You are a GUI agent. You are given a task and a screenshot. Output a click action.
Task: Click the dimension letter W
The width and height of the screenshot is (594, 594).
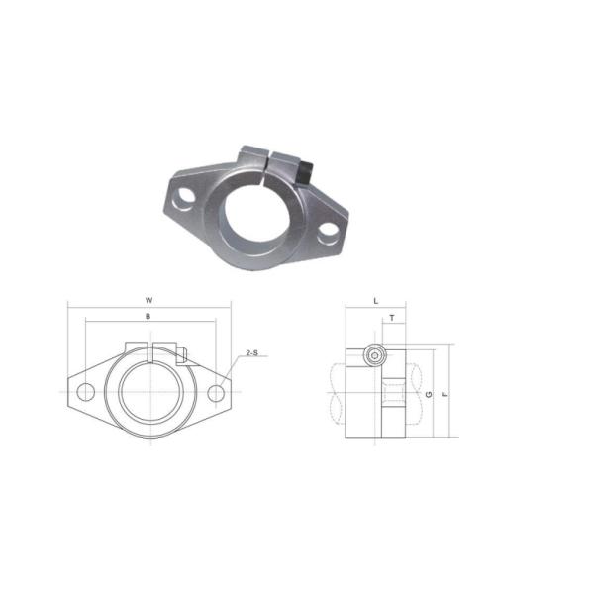tap(148, 299)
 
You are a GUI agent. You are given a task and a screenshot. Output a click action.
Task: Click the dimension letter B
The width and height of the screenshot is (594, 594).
tap(148, 316)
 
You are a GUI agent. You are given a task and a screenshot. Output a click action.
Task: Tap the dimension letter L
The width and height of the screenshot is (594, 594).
tap(376, 299)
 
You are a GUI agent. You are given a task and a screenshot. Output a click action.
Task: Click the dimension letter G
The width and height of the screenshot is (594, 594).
tap(428, 393)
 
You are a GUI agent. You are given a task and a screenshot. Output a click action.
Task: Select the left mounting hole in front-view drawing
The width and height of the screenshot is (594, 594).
tap(86, 392)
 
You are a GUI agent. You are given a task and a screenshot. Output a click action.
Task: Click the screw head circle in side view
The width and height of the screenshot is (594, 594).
tap(374, 356)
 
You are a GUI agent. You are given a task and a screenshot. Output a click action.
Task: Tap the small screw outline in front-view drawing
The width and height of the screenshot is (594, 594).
tap(181, 351)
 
